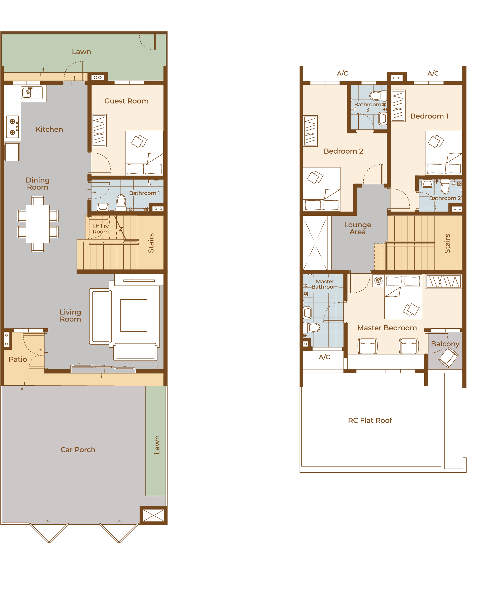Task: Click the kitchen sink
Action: tap(32, 93)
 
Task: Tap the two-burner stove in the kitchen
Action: tap(13, 127)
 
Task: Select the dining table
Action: tap(38, 224)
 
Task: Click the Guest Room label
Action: tap(126, 101)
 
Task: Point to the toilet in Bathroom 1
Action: tap(121, 203)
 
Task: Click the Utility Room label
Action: tap(101, 229)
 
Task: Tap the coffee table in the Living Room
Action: tap(134, 315)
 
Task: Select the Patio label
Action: tap(18, 359)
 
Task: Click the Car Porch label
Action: tap(78, 450)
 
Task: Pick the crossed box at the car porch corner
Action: tap(153, 515)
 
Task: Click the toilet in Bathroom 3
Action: tap(378, 96)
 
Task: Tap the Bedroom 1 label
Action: tap(429, 116)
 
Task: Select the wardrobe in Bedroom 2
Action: tap(310, 131)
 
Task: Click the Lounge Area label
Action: tap(358, 228)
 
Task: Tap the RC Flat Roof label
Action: tap(370, 420)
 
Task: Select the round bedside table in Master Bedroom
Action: tap(379, 281)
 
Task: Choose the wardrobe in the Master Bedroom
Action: tap(443, 282)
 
